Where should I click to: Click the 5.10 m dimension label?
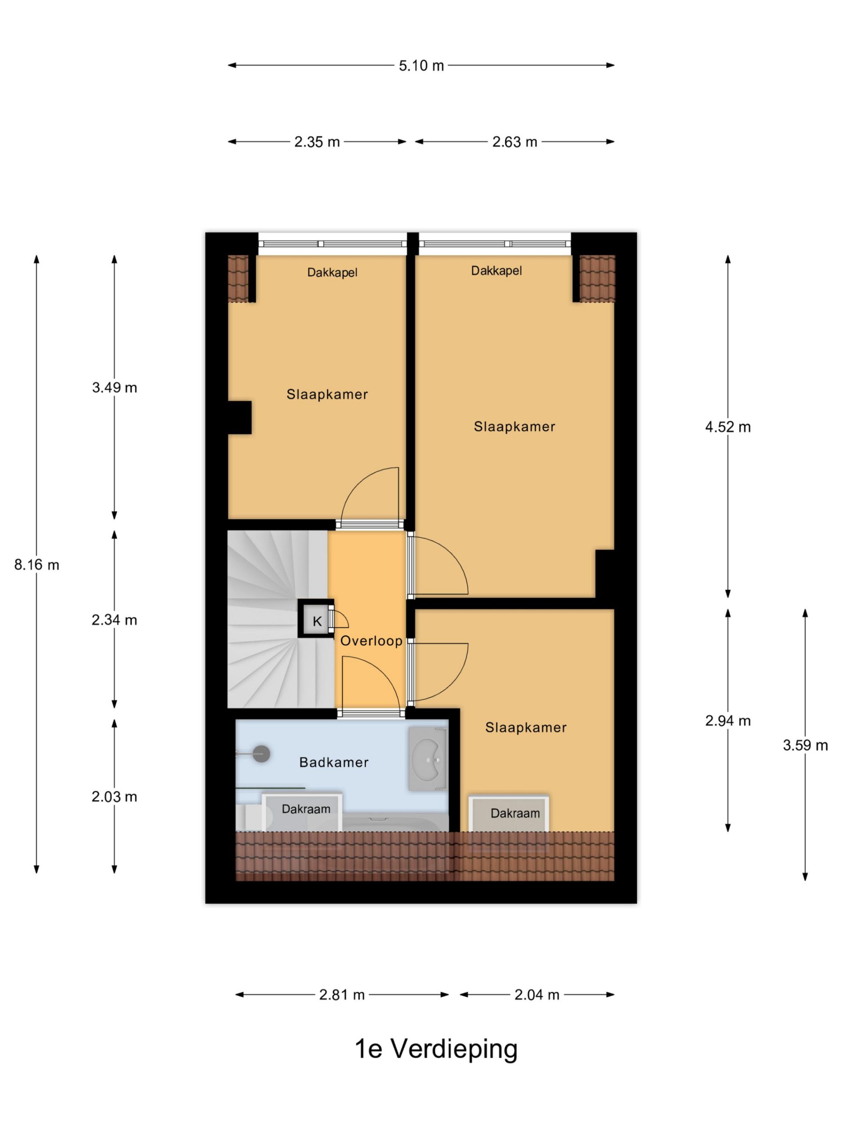[421, 65]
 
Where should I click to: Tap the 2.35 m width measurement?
[317, 142]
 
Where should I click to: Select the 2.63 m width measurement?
[515, 142]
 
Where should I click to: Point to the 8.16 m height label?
[36, 565]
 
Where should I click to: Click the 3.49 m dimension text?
[114, 387]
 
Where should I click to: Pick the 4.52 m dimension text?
[728, 427]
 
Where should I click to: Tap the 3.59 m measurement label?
[805, 745]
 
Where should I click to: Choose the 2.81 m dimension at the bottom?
[342, 994]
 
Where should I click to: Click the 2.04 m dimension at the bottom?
[537, 994]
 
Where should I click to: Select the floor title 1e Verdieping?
[436, 1049]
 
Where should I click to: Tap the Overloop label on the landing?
[371, 641]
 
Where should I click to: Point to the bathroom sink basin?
[428, 758]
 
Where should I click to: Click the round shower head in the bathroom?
[261, 754]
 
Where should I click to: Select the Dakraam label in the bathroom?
[306, 809]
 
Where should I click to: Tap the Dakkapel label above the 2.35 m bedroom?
[332, 272]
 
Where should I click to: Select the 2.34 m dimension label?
[114, 620]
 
